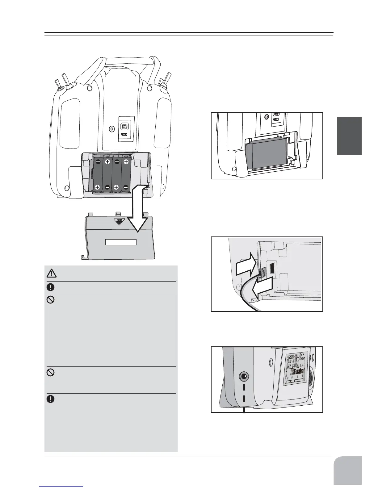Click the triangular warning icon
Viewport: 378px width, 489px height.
click(51, 273)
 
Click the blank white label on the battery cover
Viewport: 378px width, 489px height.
click(121, 242)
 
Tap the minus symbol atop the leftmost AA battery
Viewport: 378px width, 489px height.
click(98, 162)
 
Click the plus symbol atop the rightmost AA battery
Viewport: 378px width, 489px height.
click(126, 162)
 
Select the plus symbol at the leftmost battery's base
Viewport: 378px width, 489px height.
click(97, 187)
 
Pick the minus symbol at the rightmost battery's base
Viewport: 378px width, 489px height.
click(126, 187)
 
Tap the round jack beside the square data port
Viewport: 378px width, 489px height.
click(112, 129)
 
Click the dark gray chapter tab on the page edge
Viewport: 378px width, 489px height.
click(349, 136)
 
